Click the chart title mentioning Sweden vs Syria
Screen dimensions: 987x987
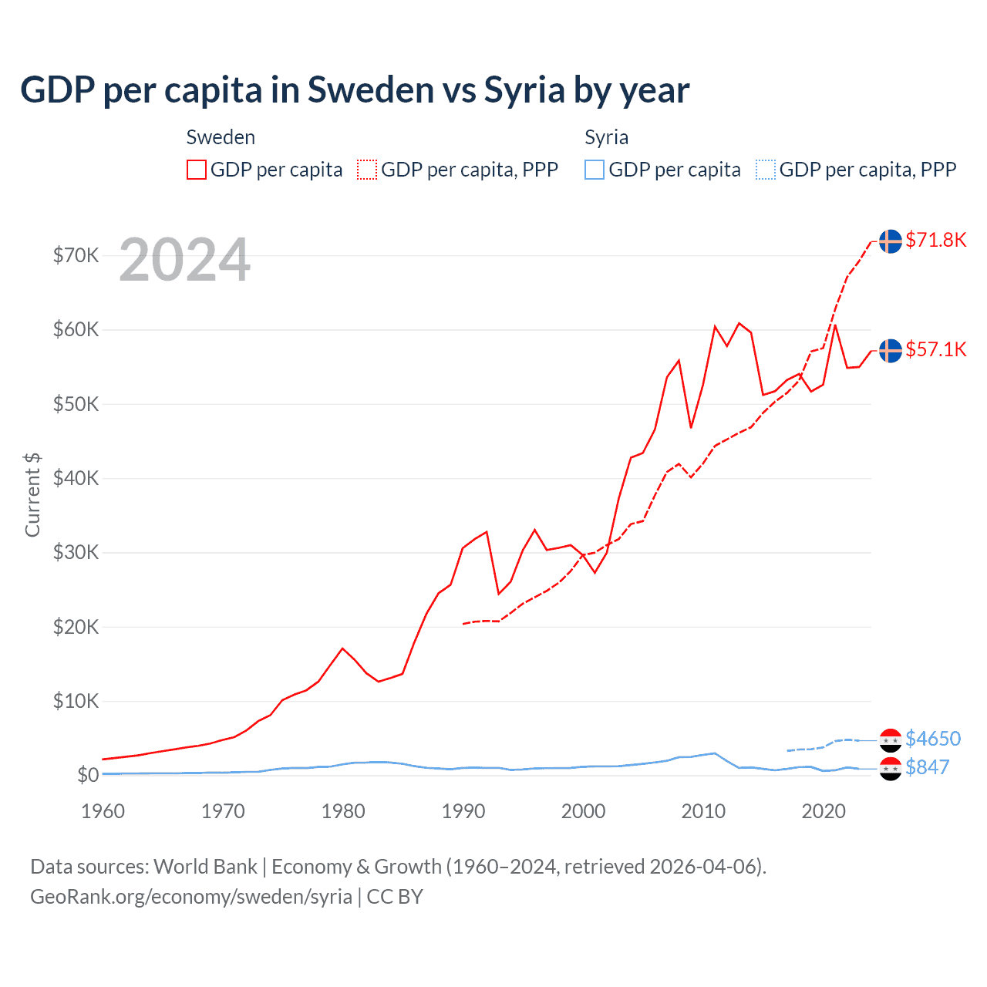(355, 90)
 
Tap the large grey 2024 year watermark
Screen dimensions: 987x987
(184, 260)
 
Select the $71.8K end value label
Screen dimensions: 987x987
(935, 240)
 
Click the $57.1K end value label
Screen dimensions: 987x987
(935, 349)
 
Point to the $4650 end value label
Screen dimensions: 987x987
(933, 739)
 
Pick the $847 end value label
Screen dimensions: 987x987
(928, 767)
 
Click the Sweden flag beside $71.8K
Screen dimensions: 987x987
(891, 241)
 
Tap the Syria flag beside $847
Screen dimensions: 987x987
(891, 768)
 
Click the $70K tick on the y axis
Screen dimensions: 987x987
(76, 255)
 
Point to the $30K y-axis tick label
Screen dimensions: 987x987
(76, 552)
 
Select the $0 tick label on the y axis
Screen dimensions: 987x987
(88, 775)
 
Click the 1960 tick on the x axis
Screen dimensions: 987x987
(103, 811)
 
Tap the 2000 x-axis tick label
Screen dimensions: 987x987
(583, 811)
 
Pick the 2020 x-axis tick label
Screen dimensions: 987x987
(824, 811)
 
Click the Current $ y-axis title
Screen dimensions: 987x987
(32, 494)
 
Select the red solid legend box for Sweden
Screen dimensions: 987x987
(197, 170)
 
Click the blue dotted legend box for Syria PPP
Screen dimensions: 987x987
(766, 170)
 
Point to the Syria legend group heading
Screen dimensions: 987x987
(606, 137)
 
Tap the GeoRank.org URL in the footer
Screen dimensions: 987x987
(191, 897)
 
